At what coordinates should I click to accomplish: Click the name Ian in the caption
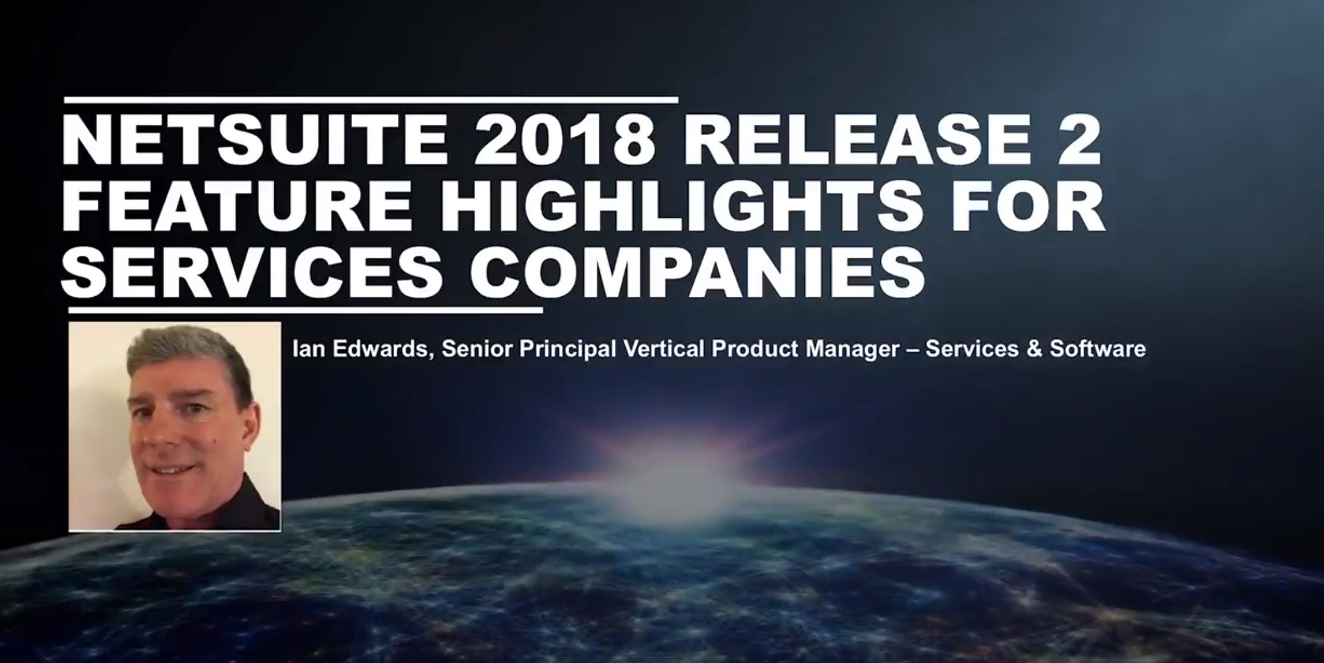click(x=309, y=349)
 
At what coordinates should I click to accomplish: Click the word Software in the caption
click(x=1097, y=349)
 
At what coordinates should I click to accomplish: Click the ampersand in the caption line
click(x=1033, y=349)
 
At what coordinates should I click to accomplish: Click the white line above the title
click(x=371, y=100)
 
